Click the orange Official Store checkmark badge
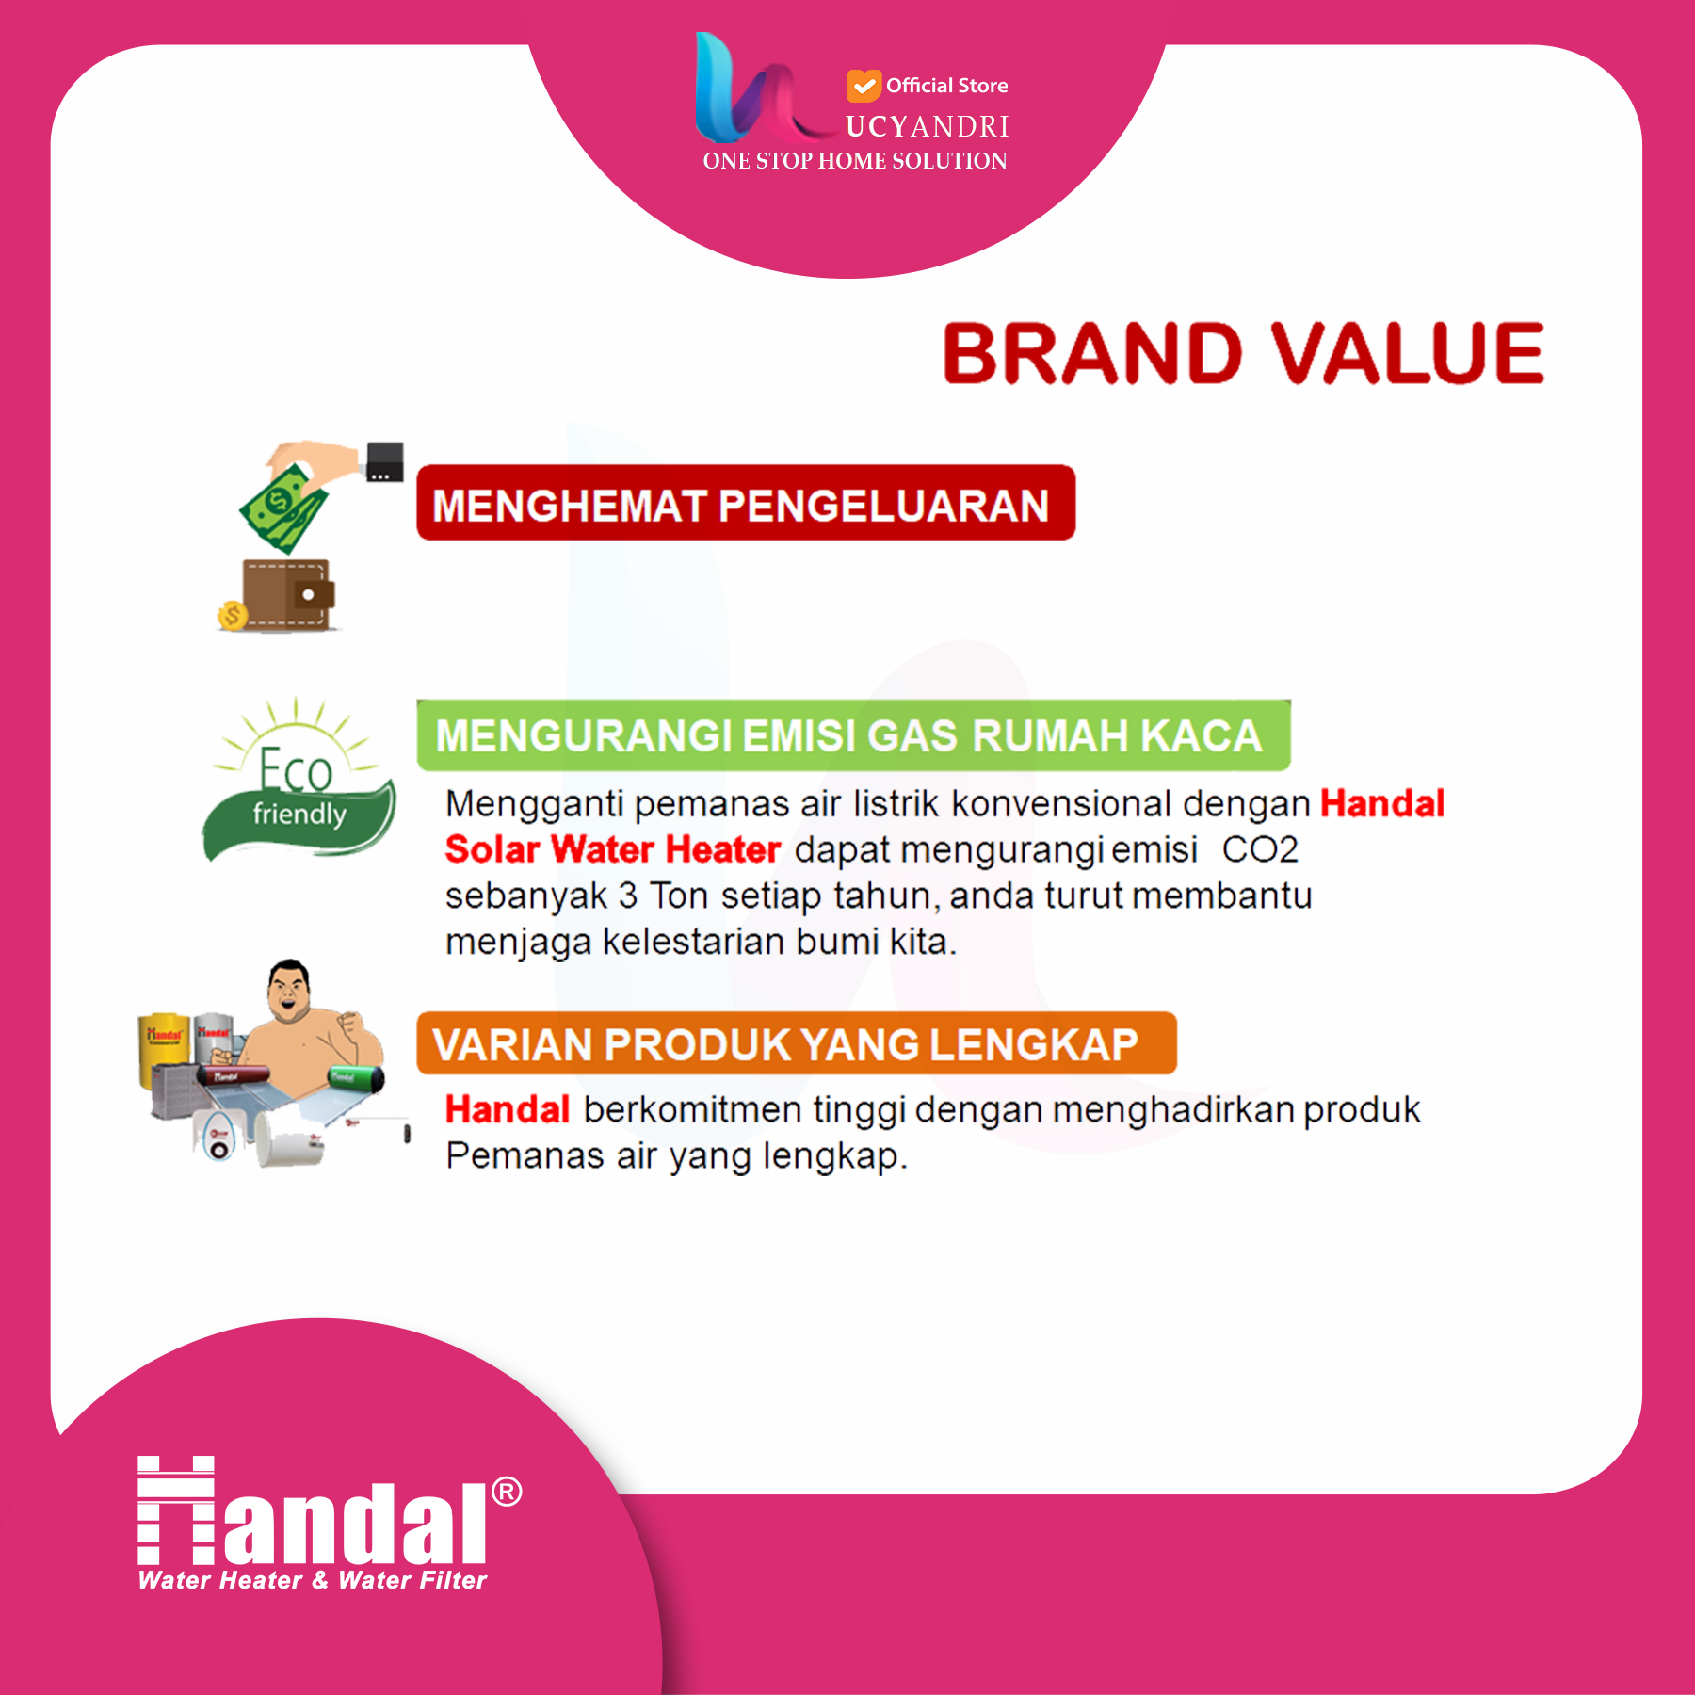point(864,86)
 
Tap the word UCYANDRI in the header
point(928,126)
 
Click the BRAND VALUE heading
point(1243,353)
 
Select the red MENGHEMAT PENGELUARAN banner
point(746,503)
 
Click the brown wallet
point(288,593)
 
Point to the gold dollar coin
point(232,616)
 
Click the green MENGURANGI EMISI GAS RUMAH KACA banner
point(853,735)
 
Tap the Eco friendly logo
point(299,780)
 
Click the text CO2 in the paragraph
point(1260,849)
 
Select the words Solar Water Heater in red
point(613,849)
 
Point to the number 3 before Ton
point(628,896)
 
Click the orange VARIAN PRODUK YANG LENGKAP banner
point(797,1043)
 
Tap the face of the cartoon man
point(288,993)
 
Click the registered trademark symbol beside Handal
point(507,1492)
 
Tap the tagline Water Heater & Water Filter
point(313,1580)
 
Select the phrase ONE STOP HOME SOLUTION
point(855,161)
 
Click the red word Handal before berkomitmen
point(508,1109)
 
